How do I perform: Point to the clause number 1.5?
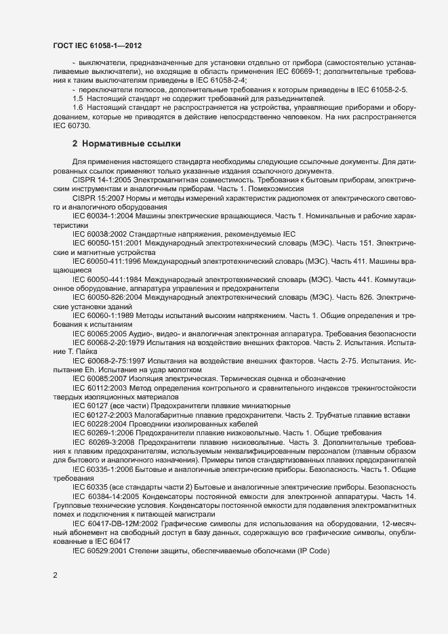pos(77,99)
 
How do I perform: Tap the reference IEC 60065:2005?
pos(100,335)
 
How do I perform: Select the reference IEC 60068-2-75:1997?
pos(108,362)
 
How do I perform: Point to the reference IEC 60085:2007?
pos(100,378)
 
